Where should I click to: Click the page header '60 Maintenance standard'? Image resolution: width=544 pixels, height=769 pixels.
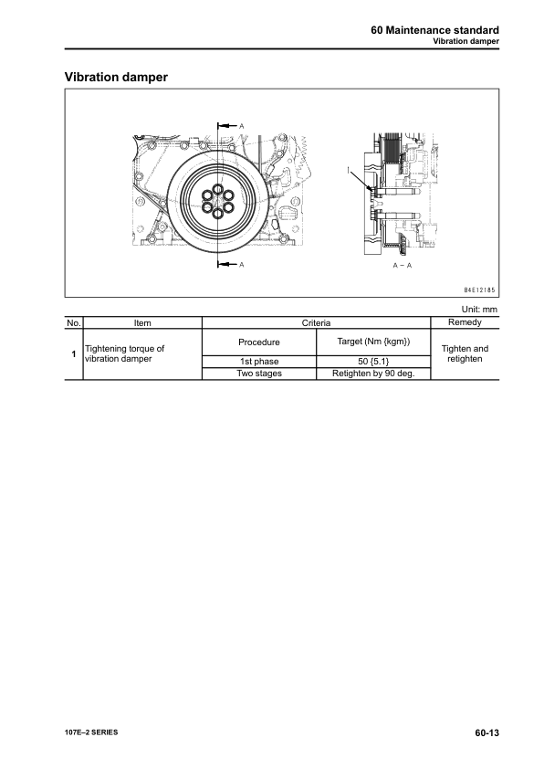click(434, 30)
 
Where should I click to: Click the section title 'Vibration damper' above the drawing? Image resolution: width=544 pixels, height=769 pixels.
click(116, 77)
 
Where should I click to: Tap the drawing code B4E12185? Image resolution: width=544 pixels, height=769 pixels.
click(480, 290)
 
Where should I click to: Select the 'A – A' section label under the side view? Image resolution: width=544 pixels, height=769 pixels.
click(403, 266)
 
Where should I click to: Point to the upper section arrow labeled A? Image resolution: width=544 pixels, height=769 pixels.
click(227, 126)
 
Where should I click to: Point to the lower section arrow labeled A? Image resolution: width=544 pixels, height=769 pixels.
click(227, 265)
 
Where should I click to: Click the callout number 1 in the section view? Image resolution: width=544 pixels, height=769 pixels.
click(349, 170)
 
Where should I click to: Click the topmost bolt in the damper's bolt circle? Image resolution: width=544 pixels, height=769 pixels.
click(217, 190)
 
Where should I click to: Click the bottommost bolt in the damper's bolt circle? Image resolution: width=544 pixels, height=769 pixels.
click(217, 214)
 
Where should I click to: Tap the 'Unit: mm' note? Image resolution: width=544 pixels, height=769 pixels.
click(479, 310)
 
